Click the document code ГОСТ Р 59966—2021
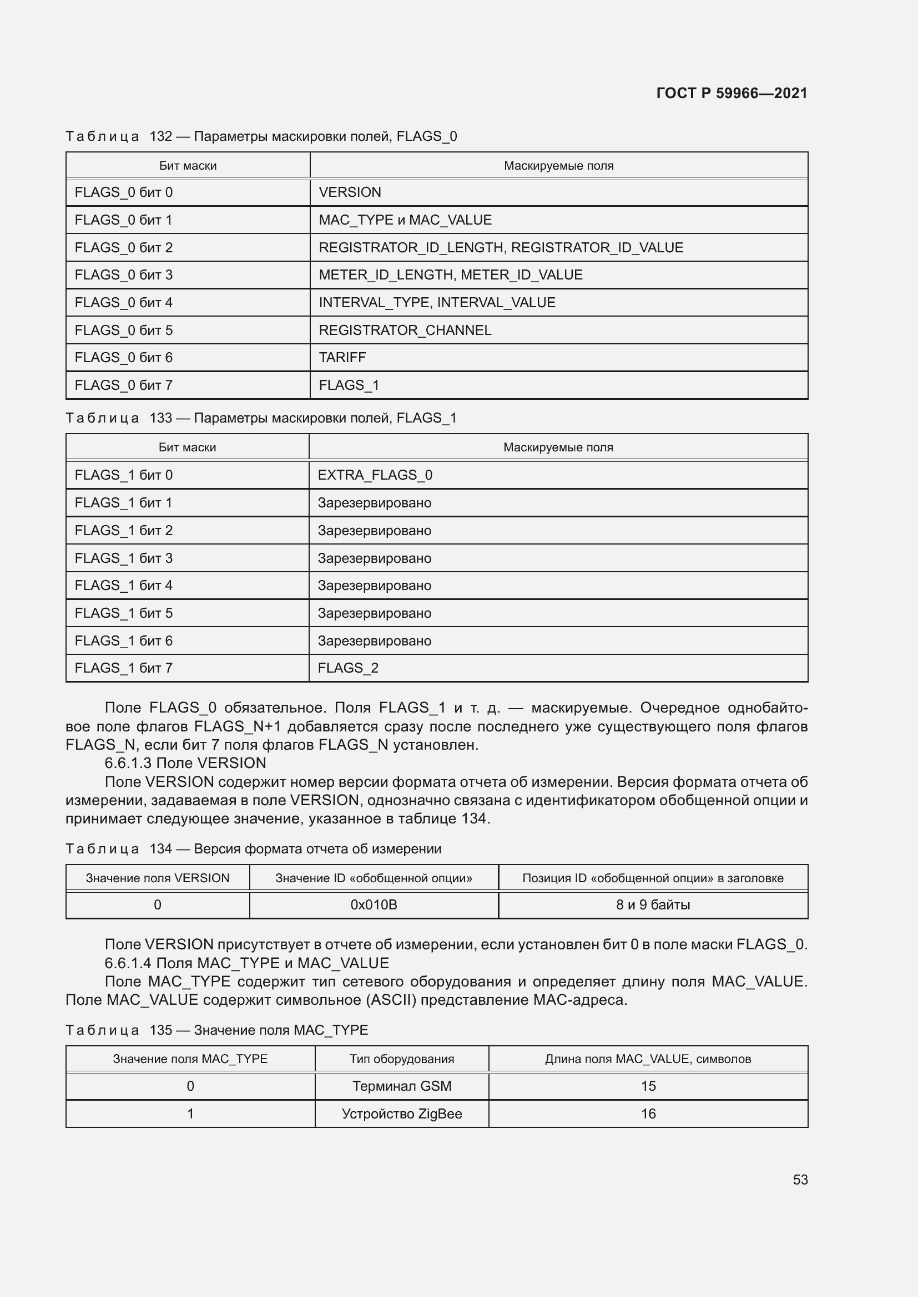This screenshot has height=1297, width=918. [732, 93]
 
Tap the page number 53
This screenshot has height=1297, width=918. [800, 1179]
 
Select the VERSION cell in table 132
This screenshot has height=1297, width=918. [350, 192]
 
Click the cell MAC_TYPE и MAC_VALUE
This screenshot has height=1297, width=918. [405, 220]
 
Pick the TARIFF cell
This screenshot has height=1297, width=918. [342, 357]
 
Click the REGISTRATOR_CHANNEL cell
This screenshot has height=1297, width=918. [405, 330]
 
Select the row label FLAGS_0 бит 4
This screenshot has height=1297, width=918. [123, 302]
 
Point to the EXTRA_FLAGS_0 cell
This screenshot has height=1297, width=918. [375, 475]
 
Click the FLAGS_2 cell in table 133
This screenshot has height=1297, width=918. [347, 668]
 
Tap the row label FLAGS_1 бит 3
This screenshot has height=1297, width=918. [123, 558]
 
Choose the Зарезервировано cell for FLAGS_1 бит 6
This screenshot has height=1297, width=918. [374, 640]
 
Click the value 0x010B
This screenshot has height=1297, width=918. [374, 904]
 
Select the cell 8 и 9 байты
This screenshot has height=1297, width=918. [652, 904]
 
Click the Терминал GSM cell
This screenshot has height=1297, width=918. [401, 1086]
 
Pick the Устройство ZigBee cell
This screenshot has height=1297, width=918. [401, 1113]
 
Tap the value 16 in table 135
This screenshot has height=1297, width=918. [648, 1113]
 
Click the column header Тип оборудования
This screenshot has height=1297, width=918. [401, 1059]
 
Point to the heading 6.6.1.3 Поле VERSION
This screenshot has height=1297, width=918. [185, 762]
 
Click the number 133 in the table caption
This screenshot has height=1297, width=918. [160, 418]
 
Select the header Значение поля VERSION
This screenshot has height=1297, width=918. [157, 878]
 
